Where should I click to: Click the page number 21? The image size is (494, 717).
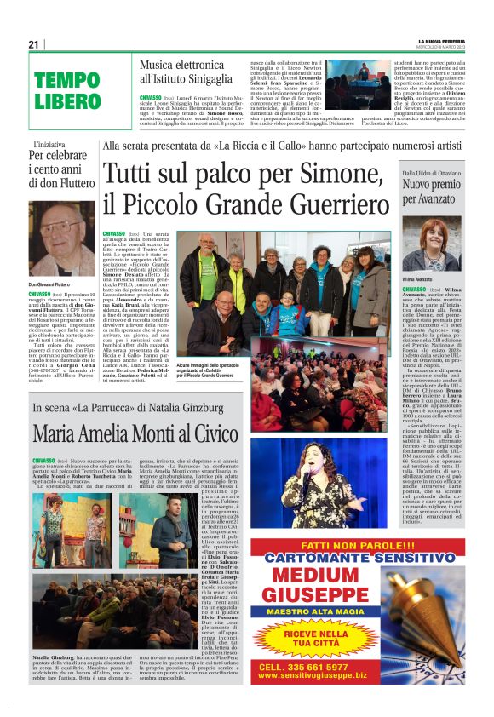click(33, 44)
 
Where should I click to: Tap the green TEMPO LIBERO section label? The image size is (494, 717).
click(68, 91)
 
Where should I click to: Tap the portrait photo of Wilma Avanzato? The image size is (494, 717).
click(431, 247)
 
